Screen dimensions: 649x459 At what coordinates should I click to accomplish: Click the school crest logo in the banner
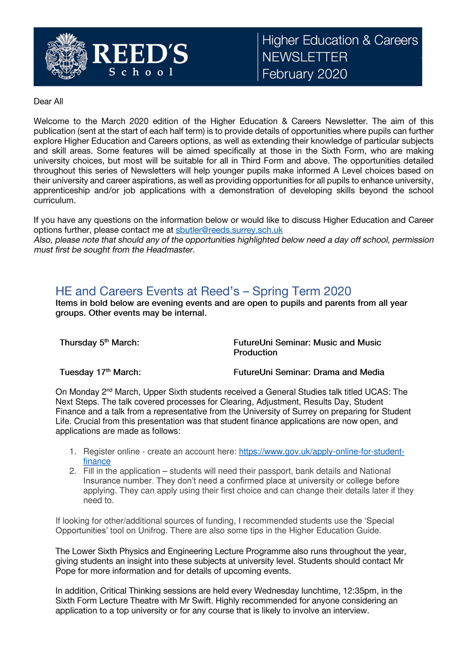point(66,56)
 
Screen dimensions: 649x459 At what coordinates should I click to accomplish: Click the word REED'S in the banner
point(140,54)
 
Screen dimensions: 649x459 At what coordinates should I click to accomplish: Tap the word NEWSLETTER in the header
point(305,57)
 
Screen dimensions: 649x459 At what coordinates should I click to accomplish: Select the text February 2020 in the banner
point(304,74)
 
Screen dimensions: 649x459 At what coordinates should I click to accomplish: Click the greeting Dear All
point(48,102)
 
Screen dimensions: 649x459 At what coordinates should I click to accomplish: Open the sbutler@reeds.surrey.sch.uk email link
point(229,230)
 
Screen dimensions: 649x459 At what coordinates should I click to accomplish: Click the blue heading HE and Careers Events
point(203,291)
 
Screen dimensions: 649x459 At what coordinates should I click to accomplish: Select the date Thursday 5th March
point(99,343)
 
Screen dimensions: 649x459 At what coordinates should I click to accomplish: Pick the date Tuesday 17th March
point(100,372)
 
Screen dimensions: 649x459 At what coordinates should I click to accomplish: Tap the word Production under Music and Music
point(255,352)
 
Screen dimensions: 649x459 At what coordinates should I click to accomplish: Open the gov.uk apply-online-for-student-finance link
point(321,452)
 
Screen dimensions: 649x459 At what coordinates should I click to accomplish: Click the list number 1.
point(72,452)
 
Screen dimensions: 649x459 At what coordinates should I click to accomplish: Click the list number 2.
point(72,471)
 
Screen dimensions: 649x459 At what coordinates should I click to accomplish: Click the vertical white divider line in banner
point(258,57)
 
